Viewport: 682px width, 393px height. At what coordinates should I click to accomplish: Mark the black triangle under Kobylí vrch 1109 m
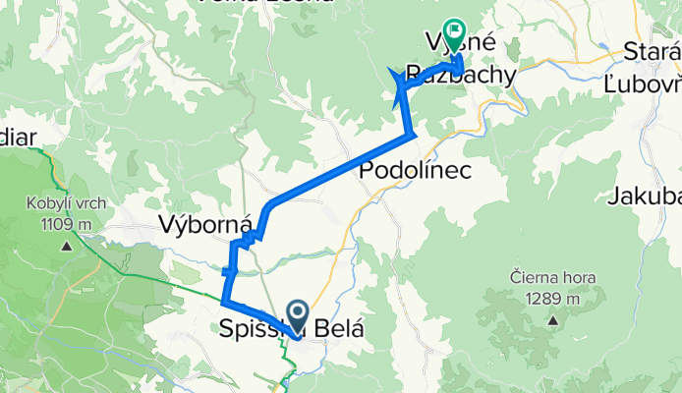tap(67, 245)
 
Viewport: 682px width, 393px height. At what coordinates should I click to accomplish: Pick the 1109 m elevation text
tap(68, 224)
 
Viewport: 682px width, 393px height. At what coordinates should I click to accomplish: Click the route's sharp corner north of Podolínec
tap(412, 132)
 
